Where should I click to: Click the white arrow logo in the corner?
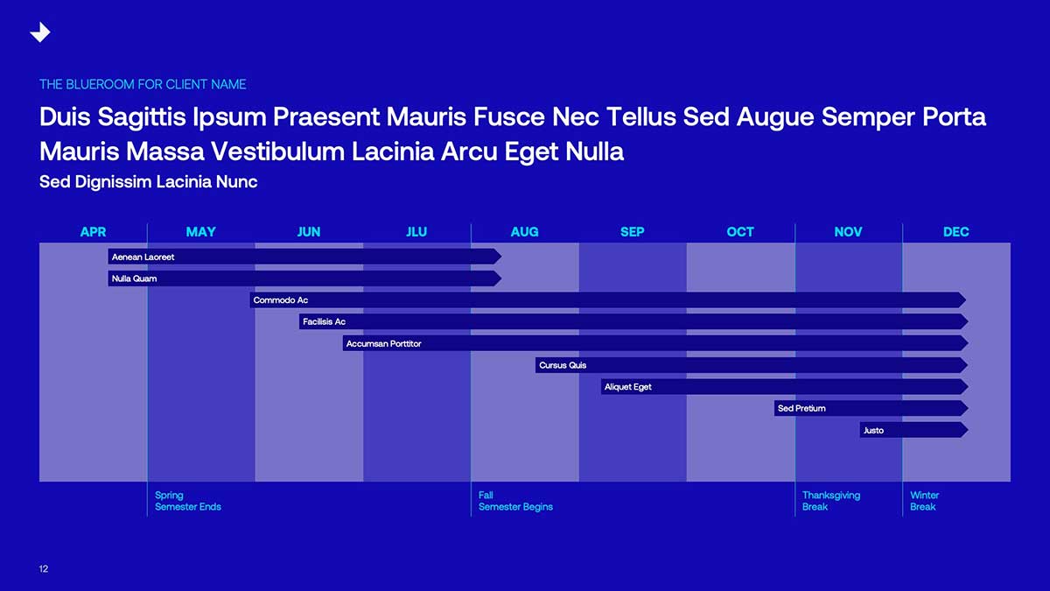tap(40, 32)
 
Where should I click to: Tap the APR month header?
tap(94, 232)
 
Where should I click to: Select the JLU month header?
tap(416, 232)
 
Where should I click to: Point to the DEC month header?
tap(956, 232)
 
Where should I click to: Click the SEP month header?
tap(633, 232)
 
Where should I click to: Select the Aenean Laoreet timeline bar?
tap(304, 257)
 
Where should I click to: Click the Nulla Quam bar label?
tap(134, 278)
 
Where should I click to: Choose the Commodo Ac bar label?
tap(281, 300)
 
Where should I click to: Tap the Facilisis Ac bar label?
tap(324, 322)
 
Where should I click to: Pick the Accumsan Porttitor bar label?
tap(384, 344)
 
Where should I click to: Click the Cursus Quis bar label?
tap(563, 365)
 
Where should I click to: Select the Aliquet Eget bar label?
tap(627, 387)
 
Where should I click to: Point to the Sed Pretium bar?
tap(871, 408)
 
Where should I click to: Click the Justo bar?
tap(914, 430)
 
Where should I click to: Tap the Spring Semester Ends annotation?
tap(188, 501)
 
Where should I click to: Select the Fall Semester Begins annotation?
tap(515, 501)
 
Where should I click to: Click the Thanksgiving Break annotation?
tap(831, 501)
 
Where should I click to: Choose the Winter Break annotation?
tap(924, 501)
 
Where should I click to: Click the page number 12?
tap(44, 569)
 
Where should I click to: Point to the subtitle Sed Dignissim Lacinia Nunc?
tap(148, 182)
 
